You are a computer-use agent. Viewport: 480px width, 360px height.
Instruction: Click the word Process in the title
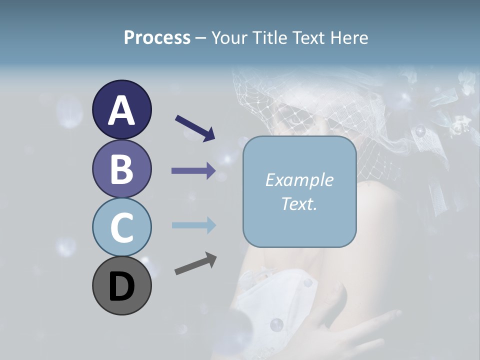click(157, 38)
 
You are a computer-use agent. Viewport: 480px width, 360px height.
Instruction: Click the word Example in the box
click(299, 180)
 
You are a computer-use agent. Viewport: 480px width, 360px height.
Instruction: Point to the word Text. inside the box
click(299, 204)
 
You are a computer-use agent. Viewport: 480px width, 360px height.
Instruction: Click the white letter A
click(121, 110)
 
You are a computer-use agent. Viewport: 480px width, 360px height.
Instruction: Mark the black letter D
click(121, 287)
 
